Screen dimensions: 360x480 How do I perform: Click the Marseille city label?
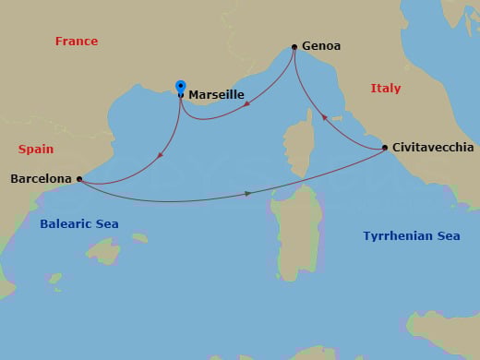click(x=216, y=94)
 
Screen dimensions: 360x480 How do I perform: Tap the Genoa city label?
click(x=322, y=46)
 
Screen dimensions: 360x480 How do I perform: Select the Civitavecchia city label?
click(x=433, y=148)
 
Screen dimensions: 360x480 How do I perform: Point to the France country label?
click(x=77, y=42)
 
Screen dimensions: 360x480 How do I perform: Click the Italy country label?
click(x=386, y=89)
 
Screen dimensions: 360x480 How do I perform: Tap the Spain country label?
click(x=36, y=149)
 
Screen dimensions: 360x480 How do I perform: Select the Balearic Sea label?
click(x=79, y=224)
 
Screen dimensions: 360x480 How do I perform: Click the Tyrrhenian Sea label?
click(x=411, y=236)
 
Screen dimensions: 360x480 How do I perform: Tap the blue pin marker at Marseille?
click(x=181, y=88)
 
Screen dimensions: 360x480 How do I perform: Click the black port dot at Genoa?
click(x=294, y=47)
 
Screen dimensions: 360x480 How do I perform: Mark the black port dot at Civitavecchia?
click(x=385, y=149)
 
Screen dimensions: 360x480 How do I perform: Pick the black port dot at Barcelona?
click(x=79, y=179)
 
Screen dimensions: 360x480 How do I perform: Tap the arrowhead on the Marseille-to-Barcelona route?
click(x=161, y=154)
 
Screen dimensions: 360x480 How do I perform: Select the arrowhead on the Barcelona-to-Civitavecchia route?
click(x=247, y=193)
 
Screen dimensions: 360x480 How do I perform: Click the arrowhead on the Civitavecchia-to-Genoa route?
click(x=324, y=117)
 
